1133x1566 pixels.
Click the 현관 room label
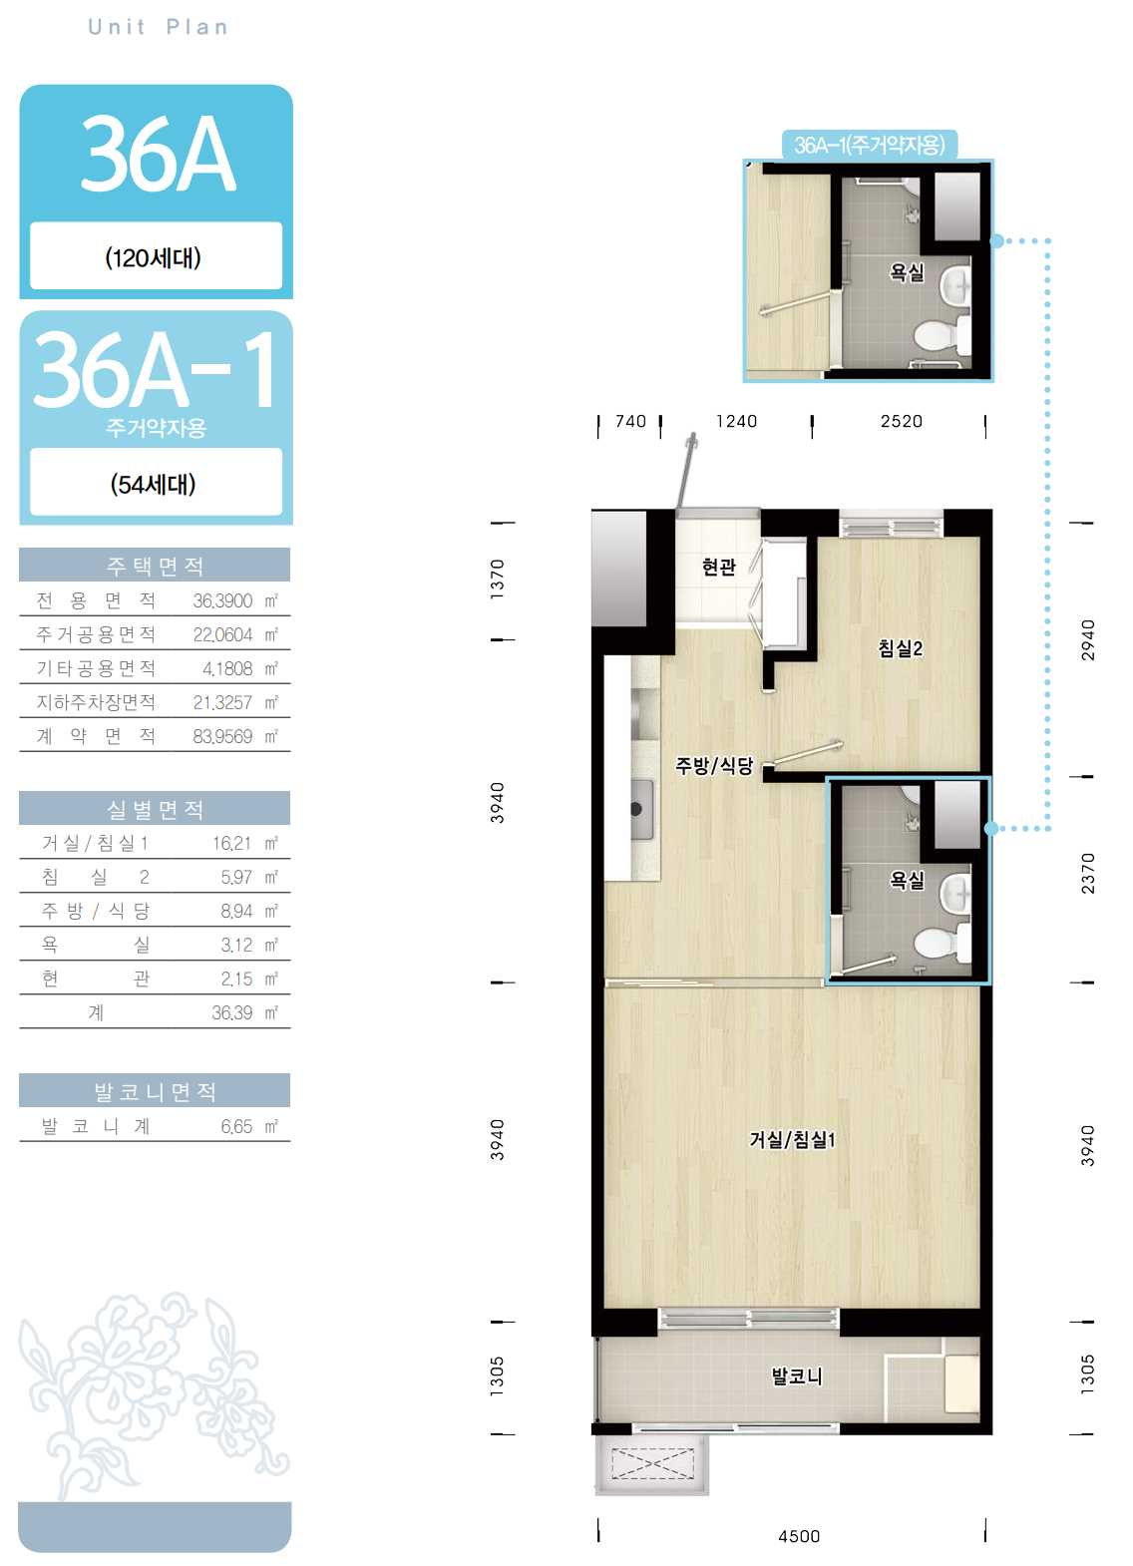[x=718, y=567]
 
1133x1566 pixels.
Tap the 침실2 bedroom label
[x=901, y=648]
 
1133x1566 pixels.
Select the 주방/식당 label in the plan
[x=714, y=765]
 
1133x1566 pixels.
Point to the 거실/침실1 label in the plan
[x=792, y=1139]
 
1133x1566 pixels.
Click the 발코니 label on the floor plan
[x=796, y=1376]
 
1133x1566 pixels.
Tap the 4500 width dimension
[x=799, y=1536]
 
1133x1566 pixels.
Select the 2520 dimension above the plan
[x=901, y=421]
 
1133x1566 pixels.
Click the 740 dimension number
[x=630, y=421]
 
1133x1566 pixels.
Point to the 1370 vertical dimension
[x=497, y=579]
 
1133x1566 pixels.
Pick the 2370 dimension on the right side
[x=1087, y=873]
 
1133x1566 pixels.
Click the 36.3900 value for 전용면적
[x=222, y=600]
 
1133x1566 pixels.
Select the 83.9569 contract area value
[x=222, y=736]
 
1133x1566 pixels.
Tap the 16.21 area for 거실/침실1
[x=232, y=843]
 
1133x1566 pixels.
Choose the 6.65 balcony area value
[x=236, y=1126]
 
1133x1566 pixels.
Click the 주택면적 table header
[x=155, y=565]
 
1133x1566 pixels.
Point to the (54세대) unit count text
[x=153, y=484]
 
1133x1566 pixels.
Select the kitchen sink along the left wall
[x=641, y=809]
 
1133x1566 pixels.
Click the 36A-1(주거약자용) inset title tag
[x=869, y=145]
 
